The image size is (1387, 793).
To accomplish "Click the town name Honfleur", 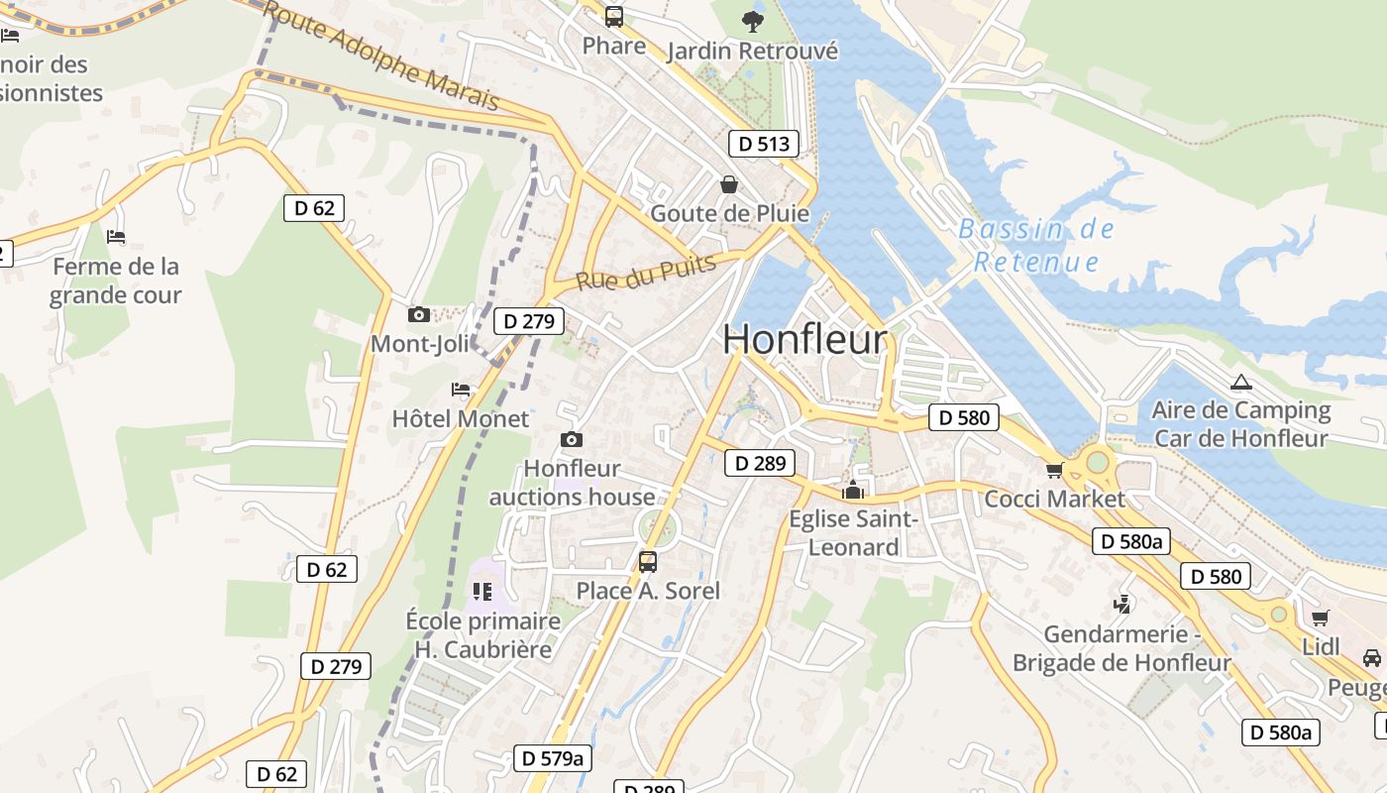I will [804, 339].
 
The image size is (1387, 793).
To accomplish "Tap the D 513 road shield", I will [765, 144].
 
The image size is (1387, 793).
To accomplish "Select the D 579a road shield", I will [553, 758].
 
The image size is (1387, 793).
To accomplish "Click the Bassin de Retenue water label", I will [1036, 246].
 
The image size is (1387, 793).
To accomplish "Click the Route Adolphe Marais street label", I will [381, 56].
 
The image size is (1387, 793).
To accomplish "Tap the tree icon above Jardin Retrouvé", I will [753, 21].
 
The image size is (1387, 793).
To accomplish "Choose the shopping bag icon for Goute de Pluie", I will [729, 184].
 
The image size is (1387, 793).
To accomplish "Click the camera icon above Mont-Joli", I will [419, 314].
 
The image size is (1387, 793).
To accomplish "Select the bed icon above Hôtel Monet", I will [461, 390].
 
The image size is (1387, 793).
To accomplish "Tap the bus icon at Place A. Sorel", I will [648, 562].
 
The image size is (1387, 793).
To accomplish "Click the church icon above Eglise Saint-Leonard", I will [852, 490].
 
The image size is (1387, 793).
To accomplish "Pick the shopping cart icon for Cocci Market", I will [1054, 470].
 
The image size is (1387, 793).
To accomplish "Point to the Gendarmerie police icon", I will [1121, 604].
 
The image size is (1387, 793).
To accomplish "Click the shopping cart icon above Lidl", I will [1320, 619].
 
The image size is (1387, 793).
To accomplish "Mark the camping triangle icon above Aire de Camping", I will [1240, 382].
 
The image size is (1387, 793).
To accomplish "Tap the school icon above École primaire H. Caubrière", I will [482, 592].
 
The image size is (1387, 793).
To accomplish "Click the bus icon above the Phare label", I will [614, 16].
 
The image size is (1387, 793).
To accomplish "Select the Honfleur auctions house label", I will [572, 483].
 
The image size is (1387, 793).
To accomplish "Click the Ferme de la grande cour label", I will [116, 281].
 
